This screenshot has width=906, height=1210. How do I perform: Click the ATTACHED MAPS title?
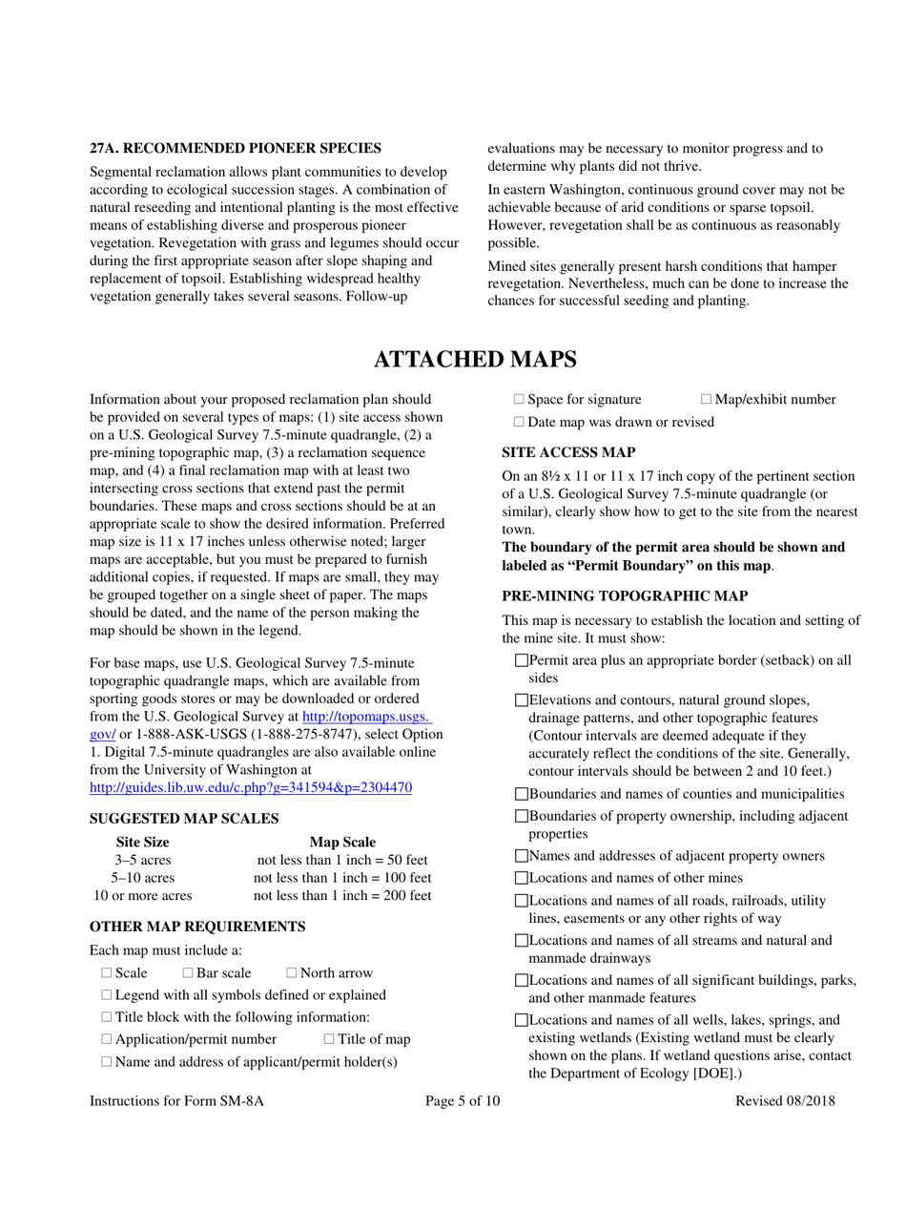(474, 360)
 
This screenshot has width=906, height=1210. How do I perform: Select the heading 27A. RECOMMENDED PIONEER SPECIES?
(236, 148)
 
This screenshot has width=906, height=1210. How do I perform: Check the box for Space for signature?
(519, 398)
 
